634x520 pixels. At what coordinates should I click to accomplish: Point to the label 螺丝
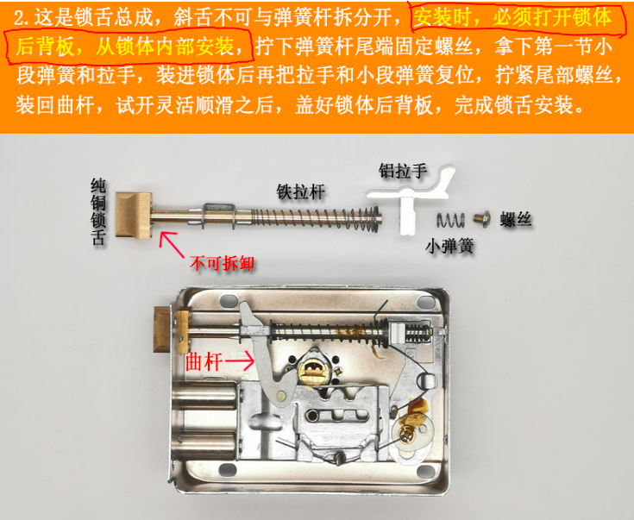point(516,220)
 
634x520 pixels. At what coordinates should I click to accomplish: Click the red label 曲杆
point(208,360)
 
